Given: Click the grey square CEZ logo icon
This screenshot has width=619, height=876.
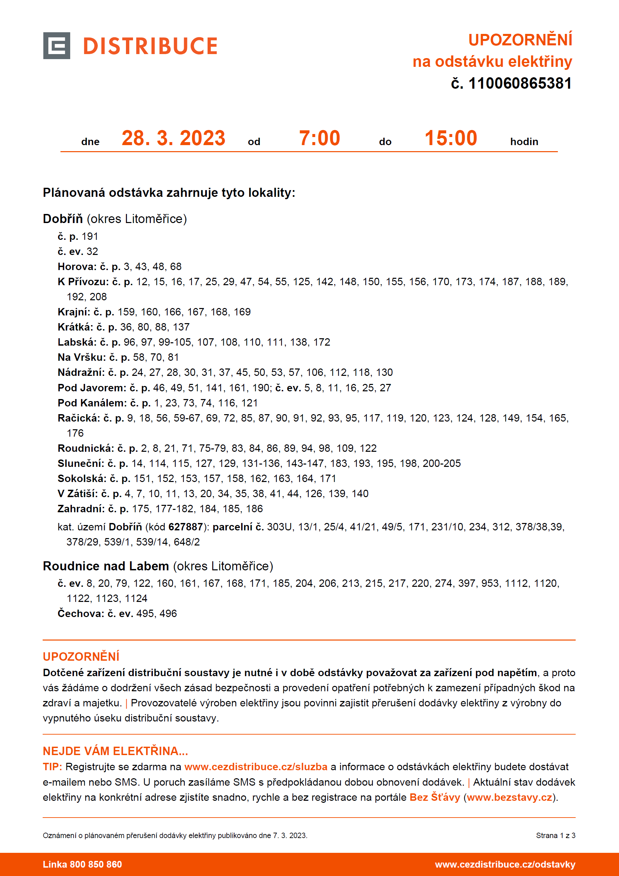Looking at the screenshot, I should (x=56, y=46).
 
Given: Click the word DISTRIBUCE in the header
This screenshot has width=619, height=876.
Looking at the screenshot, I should (x=150, y=46).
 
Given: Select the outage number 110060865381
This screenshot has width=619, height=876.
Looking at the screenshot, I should (x=520, y=84).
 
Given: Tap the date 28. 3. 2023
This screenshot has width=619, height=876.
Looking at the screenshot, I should (x=174, y=138).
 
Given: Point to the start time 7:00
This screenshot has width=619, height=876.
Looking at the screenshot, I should (x=319, y=138).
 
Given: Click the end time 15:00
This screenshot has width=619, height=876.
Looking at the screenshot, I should (x=451, y=138).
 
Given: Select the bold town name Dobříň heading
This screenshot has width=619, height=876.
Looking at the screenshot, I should (x=63, y=219).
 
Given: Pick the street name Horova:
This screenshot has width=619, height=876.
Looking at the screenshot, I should (x=77, y=266).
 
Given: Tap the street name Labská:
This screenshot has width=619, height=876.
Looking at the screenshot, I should (x=77, y=342).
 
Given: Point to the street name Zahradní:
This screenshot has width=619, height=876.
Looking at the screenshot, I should (x=81, y=509).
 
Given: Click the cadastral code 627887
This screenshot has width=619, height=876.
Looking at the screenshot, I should (x=185, y=527).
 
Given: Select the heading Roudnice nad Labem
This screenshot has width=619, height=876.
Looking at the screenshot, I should (x=106, y=566).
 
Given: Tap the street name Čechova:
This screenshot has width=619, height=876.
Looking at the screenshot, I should (x=81, y=614).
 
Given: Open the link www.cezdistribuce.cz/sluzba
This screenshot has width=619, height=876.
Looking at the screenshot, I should (x=256, y=767).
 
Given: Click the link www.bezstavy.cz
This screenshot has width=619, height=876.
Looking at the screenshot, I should (x=509, y=797).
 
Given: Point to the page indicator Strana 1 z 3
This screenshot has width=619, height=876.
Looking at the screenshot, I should (x=555, y=836).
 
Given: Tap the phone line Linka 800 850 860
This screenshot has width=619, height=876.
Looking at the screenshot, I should (x=82, y=865).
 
